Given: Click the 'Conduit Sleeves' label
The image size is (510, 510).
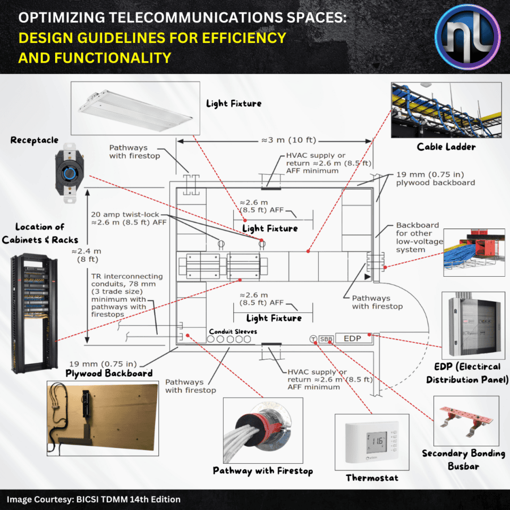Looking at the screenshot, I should (233, 331).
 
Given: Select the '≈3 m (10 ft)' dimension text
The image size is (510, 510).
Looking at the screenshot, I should (289, 140).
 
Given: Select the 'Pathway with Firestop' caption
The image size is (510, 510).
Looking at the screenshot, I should (262, 471).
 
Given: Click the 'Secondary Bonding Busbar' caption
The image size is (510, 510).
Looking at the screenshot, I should (463, 460).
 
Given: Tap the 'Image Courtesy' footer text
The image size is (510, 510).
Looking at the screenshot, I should (93, 499).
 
